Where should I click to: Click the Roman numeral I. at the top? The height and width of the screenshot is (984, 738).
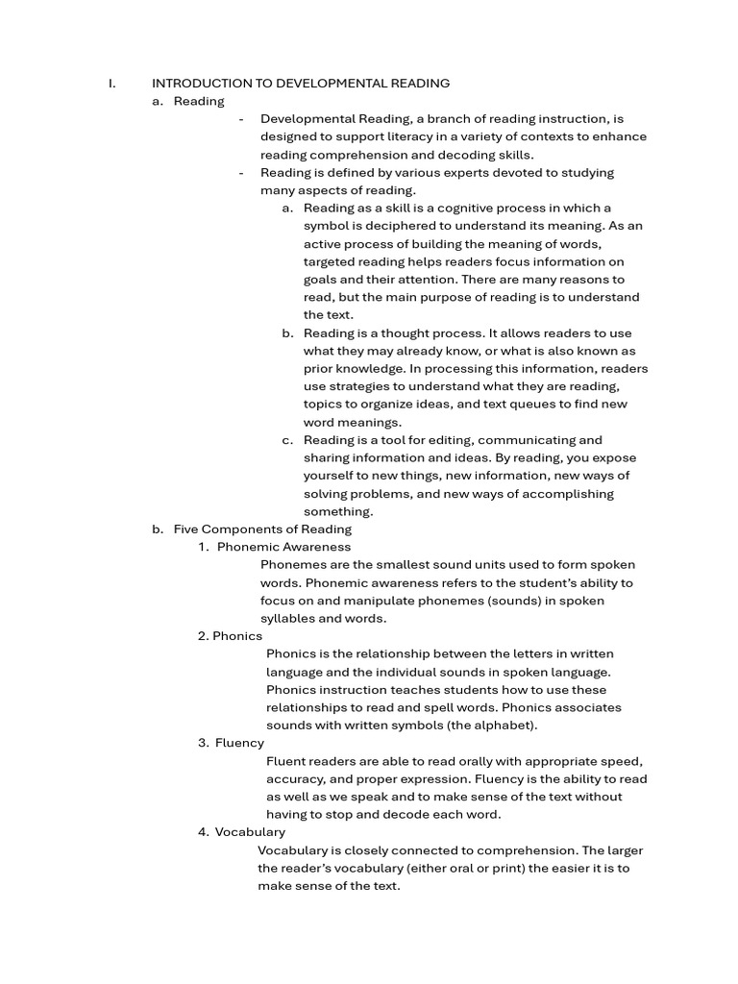pyautogui.click(x=112, y=84)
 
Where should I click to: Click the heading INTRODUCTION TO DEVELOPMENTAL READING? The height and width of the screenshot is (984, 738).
pyautogui.click(x=301, y=84)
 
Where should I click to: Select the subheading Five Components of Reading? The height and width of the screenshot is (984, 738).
pyautogui.click(x=262, y=529)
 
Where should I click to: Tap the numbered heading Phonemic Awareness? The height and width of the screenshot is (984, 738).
pyautogui.click(x=283, y=547)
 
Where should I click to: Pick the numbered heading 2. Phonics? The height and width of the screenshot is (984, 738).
pyautogui.click(x=231, y=636)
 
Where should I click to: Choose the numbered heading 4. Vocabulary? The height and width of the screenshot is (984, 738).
pyautogui.click(x=241, y=832)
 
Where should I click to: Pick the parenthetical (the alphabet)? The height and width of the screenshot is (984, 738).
pyautogui.click(x=486, y=725)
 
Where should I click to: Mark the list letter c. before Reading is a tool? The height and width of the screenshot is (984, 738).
pyautogui.click(x=287, y=440)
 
